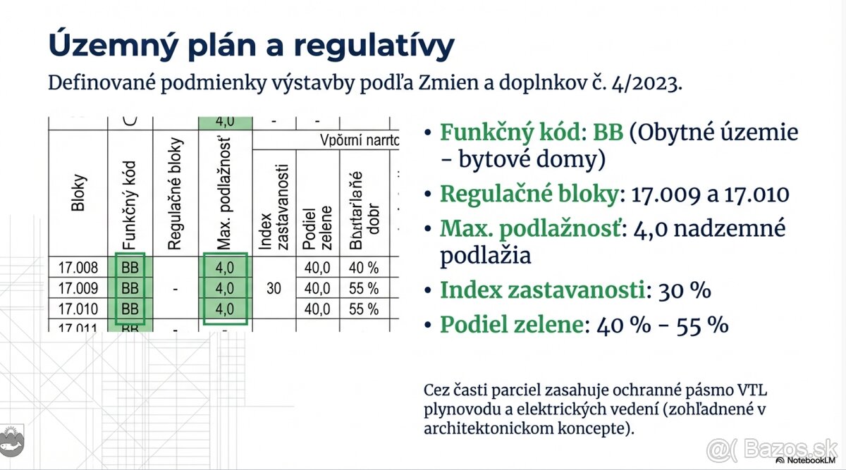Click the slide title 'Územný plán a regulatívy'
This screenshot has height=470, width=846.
[x=251, y=45]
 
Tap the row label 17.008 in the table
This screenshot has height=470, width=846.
[x=78, y=268]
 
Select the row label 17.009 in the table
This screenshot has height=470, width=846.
[x=78, y=288]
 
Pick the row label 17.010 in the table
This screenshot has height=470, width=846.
[x=78, y=309]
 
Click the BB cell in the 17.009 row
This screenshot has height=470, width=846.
[x=130, y=288]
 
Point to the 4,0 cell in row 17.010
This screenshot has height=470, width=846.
[x=225, y=309]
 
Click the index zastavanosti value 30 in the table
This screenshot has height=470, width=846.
[x=275, y=288]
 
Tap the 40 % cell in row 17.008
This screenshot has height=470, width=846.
[x=364, y=268]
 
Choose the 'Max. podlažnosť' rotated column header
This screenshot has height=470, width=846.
[x=225, y=191]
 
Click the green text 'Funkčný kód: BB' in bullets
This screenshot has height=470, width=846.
[x=532, y=132]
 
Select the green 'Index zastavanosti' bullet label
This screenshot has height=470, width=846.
[x=541, y=290]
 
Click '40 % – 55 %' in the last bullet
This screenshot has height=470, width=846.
[x=662, y=325]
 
